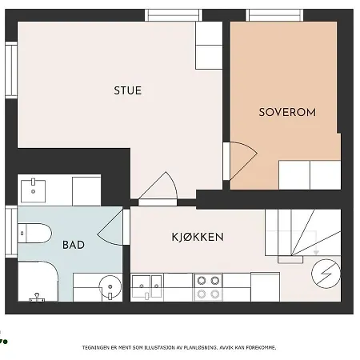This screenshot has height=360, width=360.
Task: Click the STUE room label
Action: (x=128, y=90)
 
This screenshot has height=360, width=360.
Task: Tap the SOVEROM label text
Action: (x=287, y=112)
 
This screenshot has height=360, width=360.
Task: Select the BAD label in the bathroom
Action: (x=74, y=245)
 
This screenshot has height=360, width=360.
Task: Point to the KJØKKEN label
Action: (x=198, y=237)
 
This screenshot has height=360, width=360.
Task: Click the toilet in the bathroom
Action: (x=34, y=234)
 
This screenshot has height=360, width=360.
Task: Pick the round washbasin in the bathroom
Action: (x=110, y=287)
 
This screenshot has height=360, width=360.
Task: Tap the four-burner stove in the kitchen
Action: (x=208, y=287)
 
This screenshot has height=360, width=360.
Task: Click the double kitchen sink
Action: (x=146, y=286)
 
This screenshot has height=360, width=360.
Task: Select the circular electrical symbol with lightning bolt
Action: (x=326, y=274)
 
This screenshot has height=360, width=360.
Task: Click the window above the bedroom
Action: (x=274, y=15)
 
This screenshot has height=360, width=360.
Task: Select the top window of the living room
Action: (x=174, y=15)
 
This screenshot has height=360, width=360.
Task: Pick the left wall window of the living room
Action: (x=11, y=70)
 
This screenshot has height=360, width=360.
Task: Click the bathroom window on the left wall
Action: (x=11, y=232)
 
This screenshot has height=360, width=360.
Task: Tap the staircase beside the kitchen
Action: (x=303, y=233)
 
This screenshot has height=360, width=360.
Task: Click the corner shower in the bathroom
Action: (x=38, y=282)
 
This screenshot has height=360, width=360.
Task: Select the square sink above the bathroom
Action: (x=33, y=190)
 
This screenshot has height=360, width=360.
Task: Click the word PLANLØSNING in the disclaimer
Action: (x=201, y=348)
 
